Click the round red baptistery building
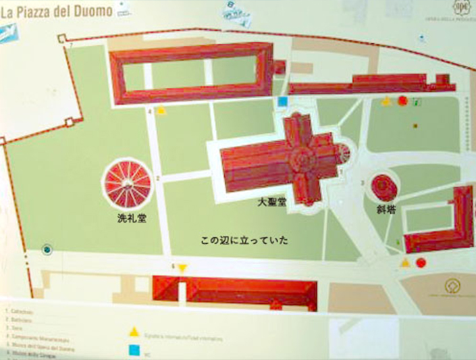click(126, 183)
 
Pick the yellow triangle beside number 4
click(161, 111)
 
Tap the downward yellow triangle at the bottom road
click(182, 269)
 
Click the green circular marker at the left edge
click(47, 249)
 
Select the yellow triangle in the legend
click(134, 332)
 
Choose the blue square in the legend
click(134, 351)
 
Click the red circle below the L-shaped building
click(421, 262)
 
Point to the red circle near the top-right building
click(402, 101)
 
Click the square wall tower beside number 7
click(61, 40)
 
